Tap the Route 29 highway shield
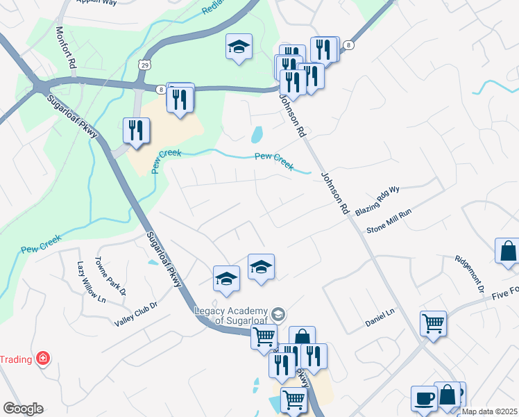click(144, 65)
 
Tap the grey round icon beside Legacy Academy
click(278, 314)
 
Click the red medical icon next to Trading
click(43, 359)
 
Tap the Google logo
click(23, 409)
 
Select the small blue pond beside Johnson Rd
click(257, 133)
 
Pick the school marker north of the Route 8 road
click(239, 47)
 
